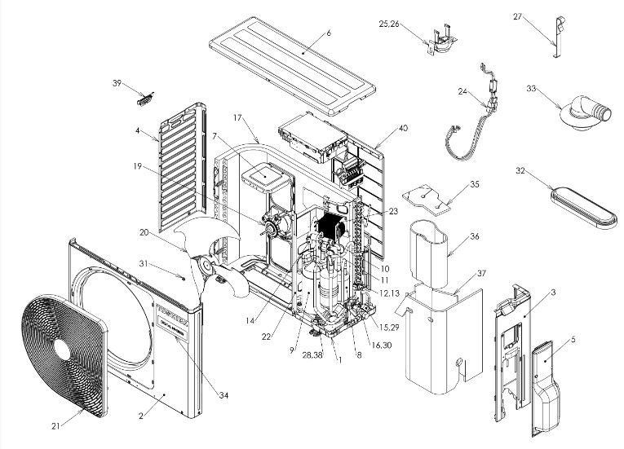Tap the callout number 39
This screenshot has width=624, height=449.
(x=117, y=83)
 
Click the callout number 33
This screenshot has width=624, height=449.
(x=531, y=88)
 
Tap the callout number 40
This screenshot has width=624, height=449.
(x=380, y=127)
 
